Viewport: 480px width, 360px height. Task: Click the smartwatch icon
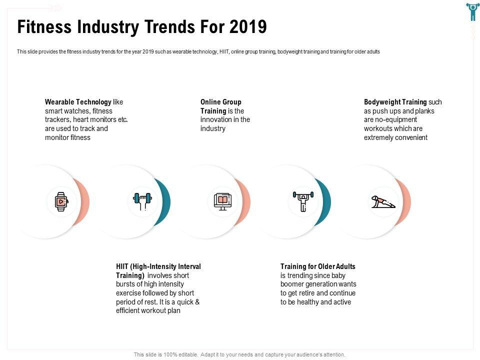[x=61, y=201]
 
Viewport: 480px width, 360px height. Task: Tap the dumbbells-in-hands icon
[x=141, y=201]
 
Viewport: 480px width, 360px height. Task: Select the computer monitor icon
[x=222, y=201]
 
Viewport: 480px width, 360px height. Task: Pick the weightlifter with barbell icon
[x=303, y=201]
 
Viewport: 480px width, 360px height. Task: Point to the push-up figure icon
[x=383, y=201]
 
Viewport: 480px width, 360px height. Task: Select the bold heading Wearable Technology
[x=78, y=102]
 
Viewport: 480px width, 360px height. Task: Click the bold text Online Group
[x=220, y=102]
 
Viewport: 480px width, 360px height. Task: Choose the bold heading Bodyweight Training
[x=395, y=102]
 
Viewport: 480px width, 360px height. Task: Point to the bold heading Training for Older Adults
[x=317, y=266]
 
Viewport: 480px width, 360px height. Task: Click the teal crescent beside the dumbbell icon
[x=165, y=201]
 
